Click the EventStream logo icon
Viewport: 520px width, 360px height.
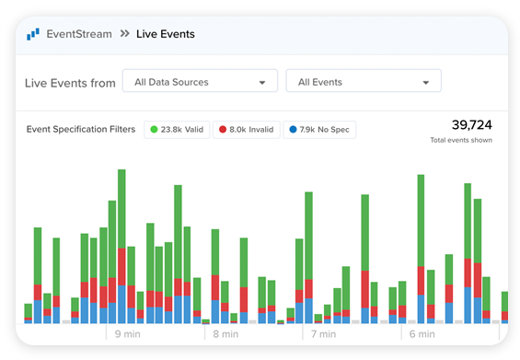click(33, 34)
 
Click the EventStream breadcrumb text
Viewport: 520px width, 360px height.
click(79, 34)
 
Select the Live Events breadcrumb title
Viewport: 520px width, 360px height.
click(166, 34)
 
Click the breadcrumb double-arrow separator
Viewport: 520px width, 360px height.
click(123, 34)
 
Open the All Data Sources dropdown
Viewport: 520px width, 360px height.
click(200, 82)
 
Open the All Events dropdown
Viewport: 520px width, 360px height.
click(364, 82)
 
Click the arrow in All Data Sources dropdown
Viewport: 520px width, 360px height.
click(262, 83)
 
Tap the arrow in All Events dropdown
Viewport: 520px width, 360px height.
click(426, 83)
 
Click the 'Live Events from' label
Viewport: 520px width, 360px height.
click(70, 83)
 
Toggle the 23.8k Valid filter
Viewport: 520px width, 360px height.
click(177, 130)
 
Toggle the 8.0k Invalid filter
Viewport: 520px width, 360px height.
click(247, 130)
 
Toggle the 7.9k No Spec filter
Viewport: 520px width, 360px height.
click(319, 130)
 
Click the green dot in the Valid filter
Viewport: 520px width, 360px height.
click(154, 130)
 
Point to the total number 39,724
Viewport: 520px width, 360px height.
click(471, 124)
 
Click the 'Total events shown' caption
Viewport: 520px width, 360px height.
click(461, 140)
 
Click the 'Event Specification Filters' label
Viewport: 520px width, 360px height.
click(81, 130)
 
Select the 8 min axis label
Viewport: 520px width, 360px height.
click(227, 334)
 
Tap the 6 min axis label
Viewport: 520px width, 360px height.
click(422, 334)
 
